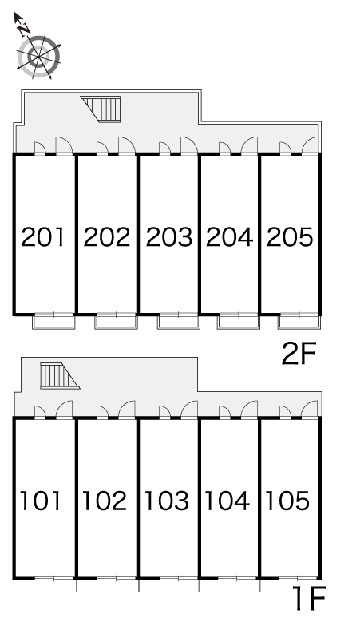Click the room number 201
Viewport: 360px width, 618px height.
(42, 237)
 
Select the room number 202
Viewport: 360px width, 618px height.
(106, 237)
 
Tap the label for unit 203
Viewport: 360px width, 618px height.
(169, 237)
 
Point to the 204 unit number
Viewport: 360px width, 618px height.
(229, 237)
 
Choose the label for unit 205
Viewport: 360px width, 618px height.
(290, 237)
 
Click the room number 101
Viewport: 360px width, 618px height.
(41, 501)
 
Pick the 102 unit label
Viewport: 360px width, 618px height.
(104, 501)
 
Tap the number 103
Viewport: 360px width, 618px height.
(167, 501)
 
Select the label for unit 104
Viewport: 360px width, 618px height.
(227, 501)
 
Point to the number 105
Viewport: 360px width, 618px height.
(287, 501)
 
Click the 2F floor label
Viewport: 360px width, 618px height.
(299, 354)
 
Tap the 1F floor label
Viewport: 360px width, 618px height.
(309, 597)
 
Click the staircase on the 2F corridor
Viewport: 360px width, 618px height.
(101, 109)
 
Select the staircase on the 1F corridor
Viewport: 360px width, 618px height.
(59, 376)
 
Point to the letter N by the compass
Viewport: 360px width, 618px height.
(25, 28)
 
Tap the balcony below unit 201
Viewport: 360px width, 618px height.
(53, 321)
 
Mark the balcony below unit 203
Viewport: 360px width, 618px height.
(179, 321)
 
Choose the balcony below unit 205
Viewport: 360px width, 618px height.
(299, 321)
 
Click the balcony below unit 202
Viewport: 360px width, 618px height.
(116, 321)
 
